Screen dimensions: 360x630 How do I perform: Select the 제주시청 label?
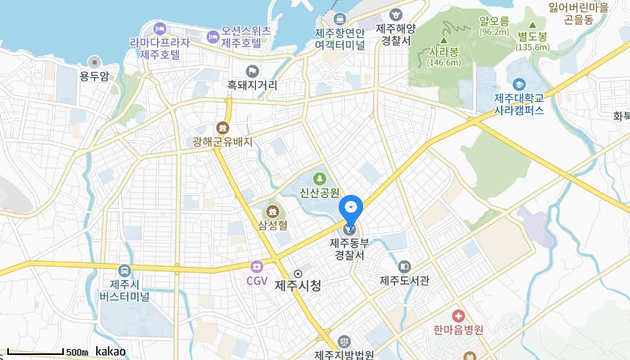(x=298, y=285)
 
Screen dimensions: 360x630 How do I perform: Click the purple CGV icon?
(x=256, y=267)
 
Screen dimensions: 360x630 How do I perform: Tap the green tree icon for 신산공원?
(x=319, y=178)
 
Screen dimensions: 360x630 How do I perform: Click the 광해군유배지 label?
(x=222, y=142)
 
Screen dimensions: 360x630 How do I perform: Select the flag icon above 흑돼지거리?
(x=252, y=71)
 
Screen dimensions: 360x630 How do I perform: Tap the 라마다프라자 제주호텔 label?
(x=159, y=48)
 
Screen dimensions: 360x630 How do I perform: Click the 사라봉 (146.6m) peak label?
(x=444, y=57)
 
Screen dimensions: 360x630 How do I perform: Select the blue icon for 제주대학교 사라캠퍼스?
(x=519, y=84)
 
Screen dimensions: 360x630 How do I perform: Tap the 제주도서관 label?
(x=404, y=279)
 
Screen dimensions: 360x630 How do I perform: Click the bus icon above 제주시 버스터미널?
(x=124, y=271)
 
